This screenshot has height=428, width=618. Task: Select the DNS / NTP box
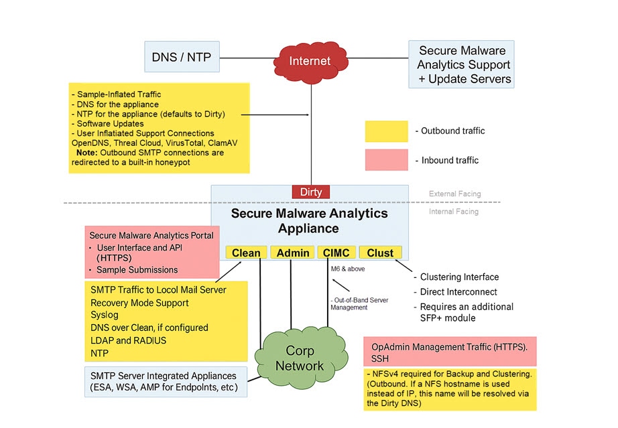pyautogui.click(x=181, y=58)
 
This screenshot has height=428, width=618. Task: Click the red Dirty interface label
pyautogui.click(x=311, y=192)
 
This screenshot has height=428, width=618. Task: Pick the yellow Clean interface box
pyautogui.click(x=246, y=253)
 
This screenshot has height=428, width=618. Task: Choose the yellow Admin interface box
pyautogui.click(x=292, y=253)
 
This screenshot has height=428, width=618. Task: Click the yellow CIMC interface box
pyautogui.click(x=335, y=253)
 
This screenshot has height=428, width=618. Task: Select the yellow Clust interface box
pyautogui.click(x=380, y=253)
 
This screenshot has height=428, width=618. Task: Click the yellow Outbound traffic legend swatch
pyautogui.click(x=387, y=131)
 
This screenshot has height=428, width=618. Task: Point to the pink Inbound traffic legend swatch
pyautogui.click(x=387, y=160)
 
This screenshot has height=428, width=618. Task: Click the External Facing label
pyautogui.click(x=455, y=194)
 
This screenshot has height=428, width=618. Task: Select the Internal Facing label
pyautogui.click(x=454, y=212)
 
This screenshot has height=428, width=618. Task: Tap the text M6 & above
pyautogui.click(x=349, y=269)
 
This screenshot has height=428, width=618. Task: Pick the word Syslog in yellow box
pyautogui.click(x=104, y=315)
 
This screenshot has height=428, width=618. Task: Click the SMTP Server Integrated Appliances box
pyautogui.click(x=165, y=382)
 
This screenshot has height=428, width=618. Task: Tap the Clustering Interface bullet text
pyautogui.click(x=459, y=277)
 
